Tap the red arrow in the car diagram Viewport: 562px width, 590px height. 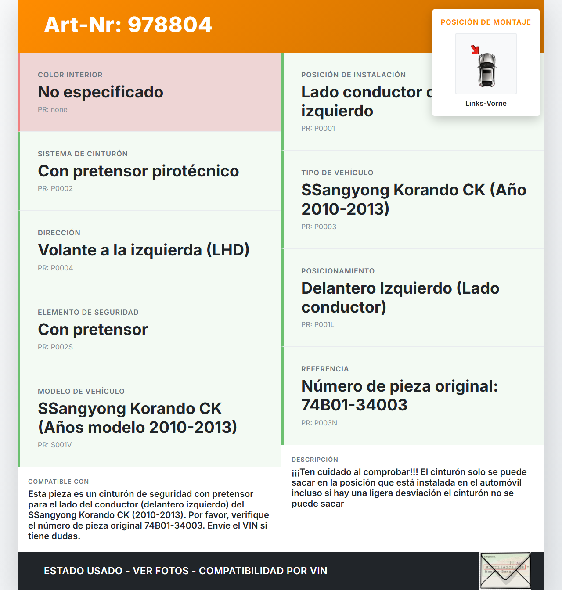click(475, 50)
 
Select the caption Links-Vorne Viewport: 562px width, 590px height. click(486, 103)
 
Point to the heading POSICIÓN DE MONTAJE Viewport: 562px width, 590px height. click(486, 22)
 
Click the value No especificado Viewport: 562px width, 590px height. click(101, 92)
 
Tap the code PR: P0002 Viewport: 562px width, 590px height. click(55, 188)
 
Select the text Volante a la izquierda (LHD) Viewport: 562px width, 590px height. click(144, 250)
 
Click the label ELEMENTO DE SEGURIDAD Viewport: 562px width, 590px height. click(88, 312)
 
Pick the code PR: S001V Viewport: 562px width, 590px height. click(55, 445)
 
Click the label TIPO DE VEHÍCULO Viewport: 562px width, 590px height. click(337, 173)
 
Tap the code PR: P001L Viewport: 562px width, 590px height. click(318, 324)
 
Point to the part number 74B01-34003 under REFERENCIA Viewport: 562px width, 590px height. click(354, 405)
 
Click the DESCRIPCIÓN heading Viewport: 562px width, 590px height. click(315, 460)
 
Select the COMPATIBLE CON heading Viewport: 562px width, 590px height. click(58, 482)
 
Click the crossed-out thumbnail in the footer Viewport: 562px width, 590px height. click(505, 570)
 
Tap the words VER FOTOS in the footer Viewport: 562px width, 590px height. click(161, 571)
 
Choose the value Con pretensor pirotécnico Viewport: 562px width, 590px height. click(138, 171)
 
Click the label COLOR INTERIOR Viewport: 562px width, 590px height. click(70, 75)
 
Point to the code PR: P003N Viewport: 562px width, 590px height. click(319, 423)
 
